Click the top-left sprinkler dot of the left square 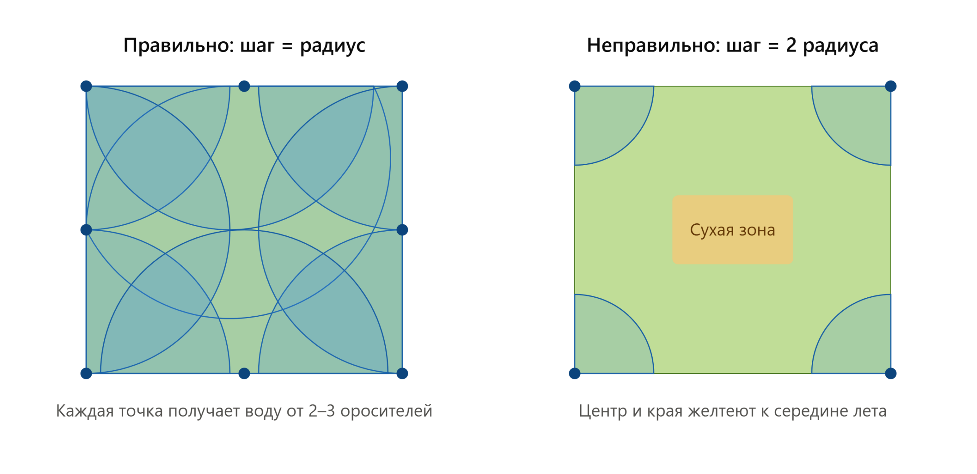click(x=86, y=86)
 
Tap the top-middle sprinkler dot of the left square click(x=244, y=86)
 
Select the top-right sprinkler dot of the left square click(x=402, y=86)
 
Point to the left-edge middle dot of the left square click(x=86, y=230)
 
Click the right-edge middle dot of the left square click(x=402, y=230)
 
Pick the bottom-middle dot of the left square click(x=244, y=373)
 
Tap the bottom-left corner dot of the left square click(x=86, y=373)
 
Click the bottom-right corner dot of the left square click(x=402, y=373)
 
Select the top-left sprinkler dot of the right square click(x=575, y=86)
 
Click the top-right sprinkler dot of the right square click(x=891, y=86)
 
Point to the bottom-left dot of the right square click(x=575, y=373)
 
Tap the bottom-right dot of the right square click(x=891, y=373)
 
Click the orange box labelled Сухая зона click(x=733, y=230)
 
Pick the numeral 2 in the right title click(x=791, y=45)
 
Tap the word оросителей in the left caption click(x=386, y=411)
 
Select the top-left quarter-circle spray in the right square click(x=607, y=118)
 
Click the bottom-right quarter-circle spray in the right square click(x=859, y=341)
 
